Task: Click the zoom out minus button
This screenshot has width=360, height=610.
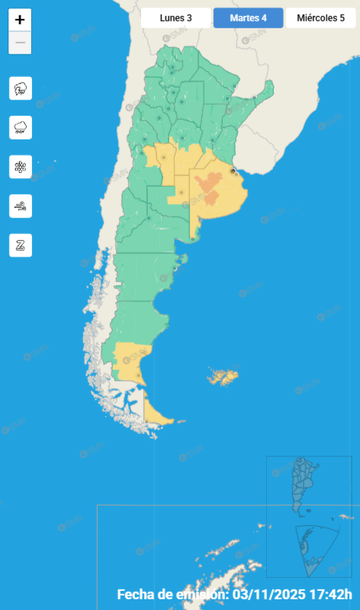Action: coord(20,43)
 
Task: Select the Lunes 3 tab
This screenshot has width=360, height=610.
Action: coord(175,18)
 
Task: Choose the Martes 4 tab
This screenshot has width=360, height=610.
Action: coord(248,18)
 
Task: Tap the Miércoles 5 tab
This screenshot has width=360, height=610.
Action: coord(320,18)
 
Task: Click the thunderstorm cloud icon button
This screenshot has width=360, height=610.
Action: coord(21,88)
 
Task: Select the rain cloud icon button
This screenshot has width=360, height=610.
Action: coord(21,127)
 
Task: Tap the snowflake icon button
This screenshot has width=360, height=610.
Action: coord(21,166)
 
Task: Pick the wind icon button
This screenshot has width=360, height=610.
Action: coord(21,205)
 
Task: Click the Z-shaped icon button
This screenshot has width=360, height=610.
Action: coord(21,245)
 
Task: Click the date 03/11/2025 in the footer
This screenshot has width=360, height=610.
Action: coord(271,595)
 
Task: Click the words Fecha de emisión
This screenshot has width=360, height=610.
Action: coord(172,595)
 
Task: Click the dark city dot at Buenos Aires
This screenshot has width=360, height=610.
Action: coord(233,172)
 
